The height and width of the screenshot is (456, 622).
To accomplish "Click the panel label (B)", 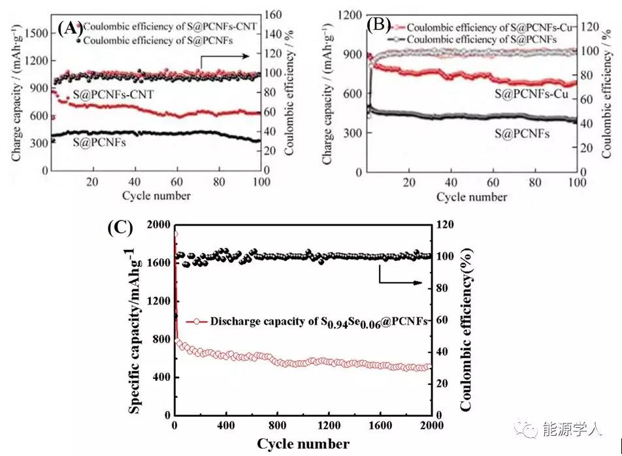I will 379,25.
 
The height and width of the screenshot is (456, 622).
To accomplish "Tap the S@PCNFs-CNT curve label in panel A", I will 113,95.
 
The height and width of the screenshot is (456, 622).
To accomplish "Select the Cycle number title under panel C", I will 303,444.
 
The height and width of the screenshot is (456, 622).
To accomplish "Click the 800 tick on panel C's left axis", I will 159,339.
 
